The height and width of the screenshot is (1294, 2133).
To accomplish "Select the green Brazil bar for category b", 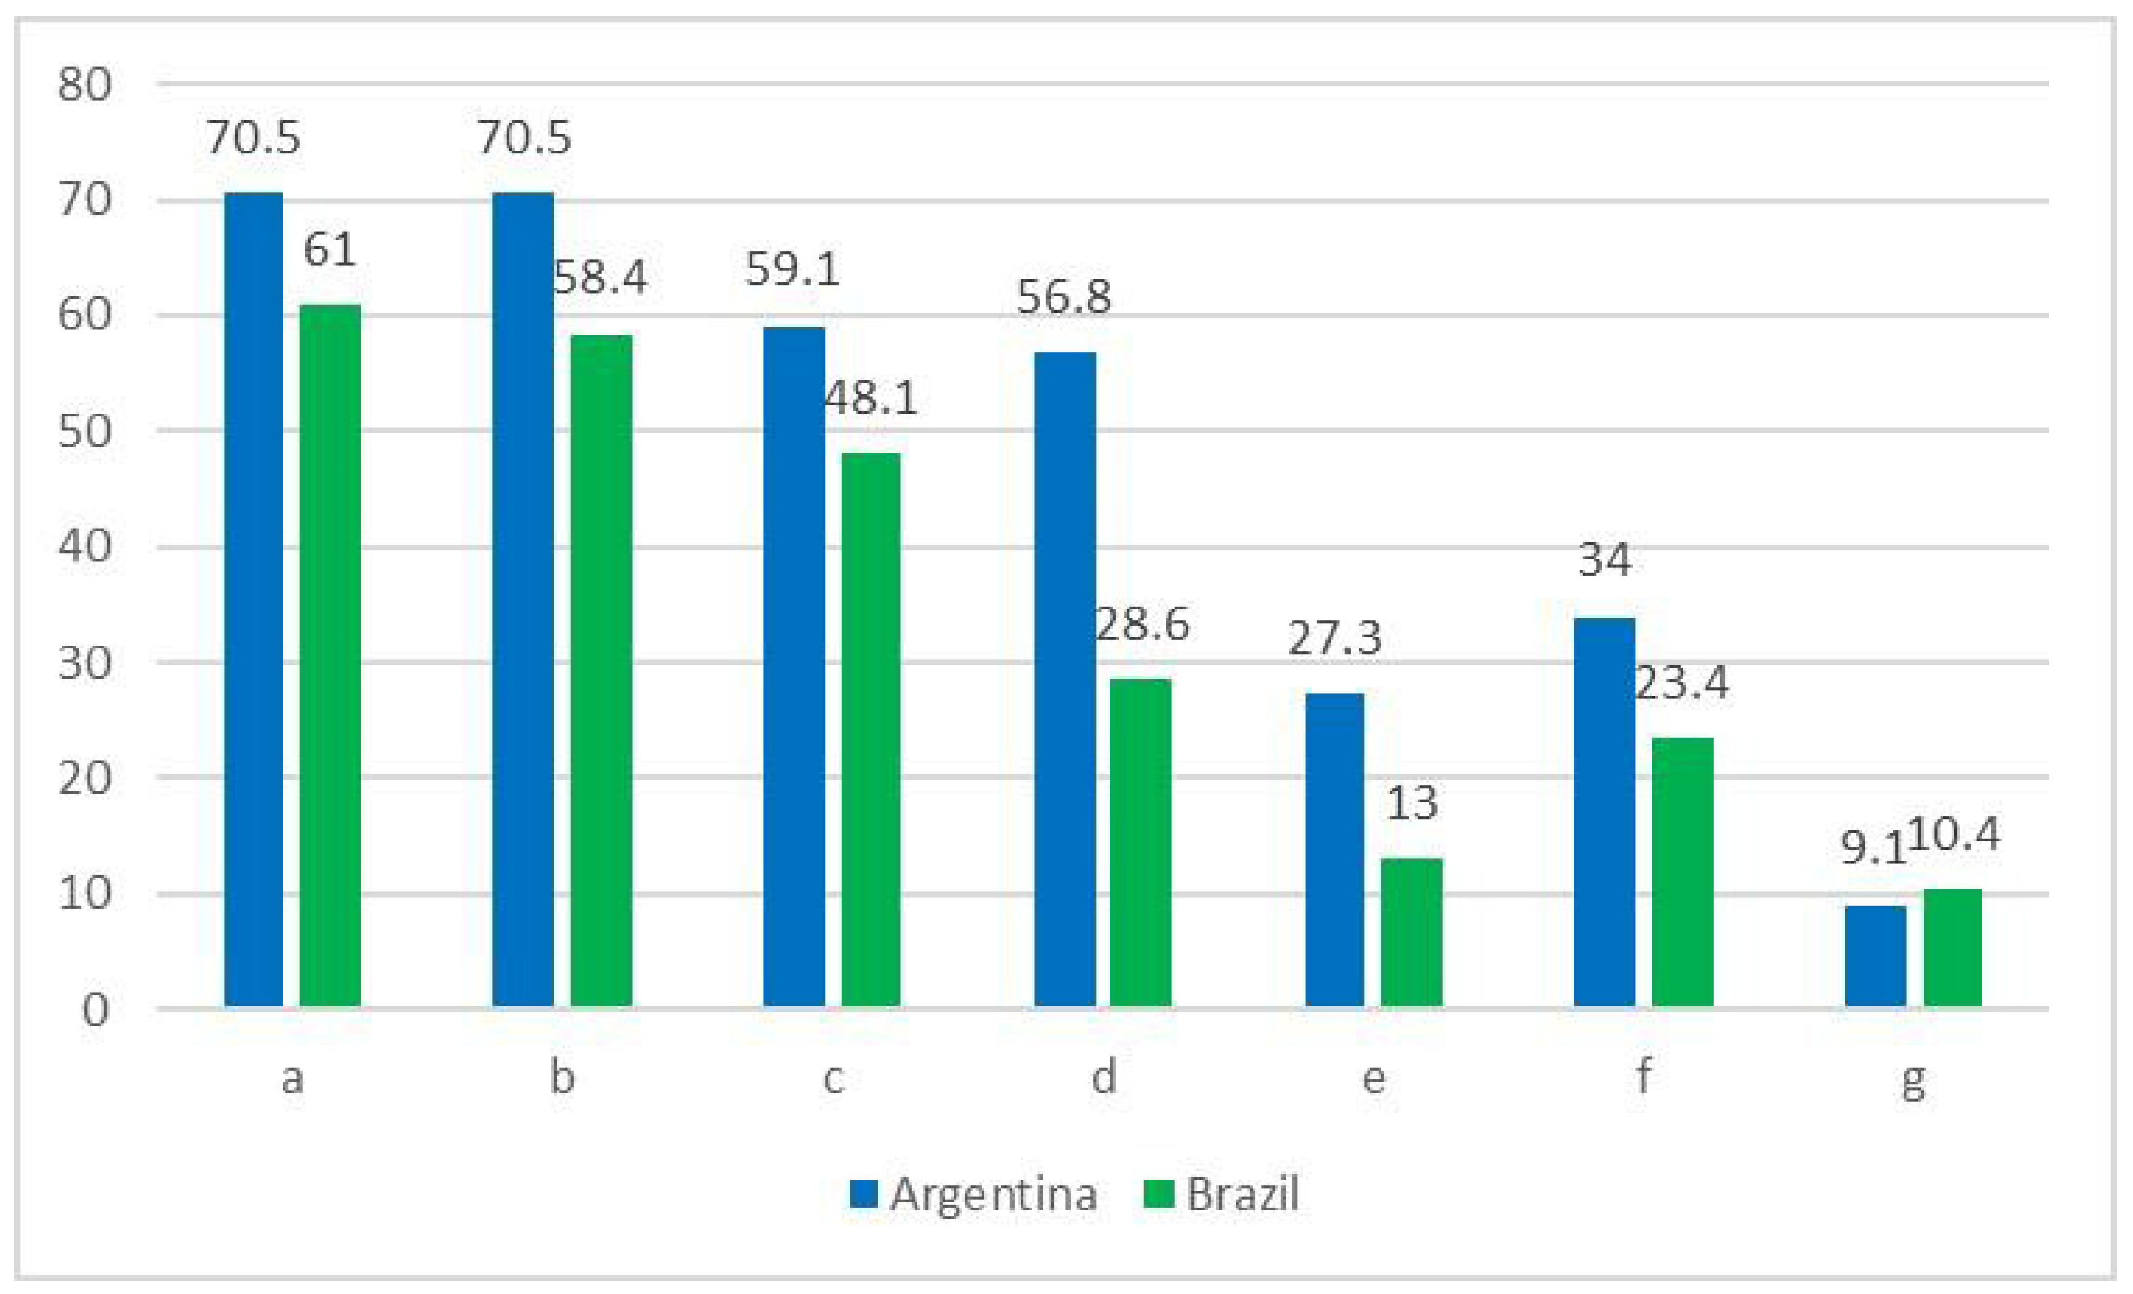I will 601,671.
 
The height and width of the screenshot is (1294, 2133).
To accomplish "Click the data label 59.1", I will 792,269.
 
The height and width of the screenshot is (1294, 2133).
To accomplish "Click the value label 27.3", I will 1334,639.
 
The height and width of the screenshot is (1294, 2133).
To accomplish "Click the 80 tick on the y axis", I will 85,85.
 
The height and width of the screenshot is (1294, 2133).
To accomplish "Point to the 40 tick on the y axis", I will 85,547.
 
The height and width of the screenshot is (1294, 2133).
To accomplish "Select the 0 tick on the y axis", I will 95,1010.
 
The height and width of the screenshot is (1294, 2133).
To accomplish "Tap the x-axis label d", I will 1103,1078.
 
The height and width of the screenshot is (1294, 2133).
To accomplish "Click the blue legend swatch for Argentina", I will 864,1195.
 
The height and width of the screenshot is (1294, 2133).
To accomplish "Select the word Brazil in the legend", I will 1242,1195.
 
